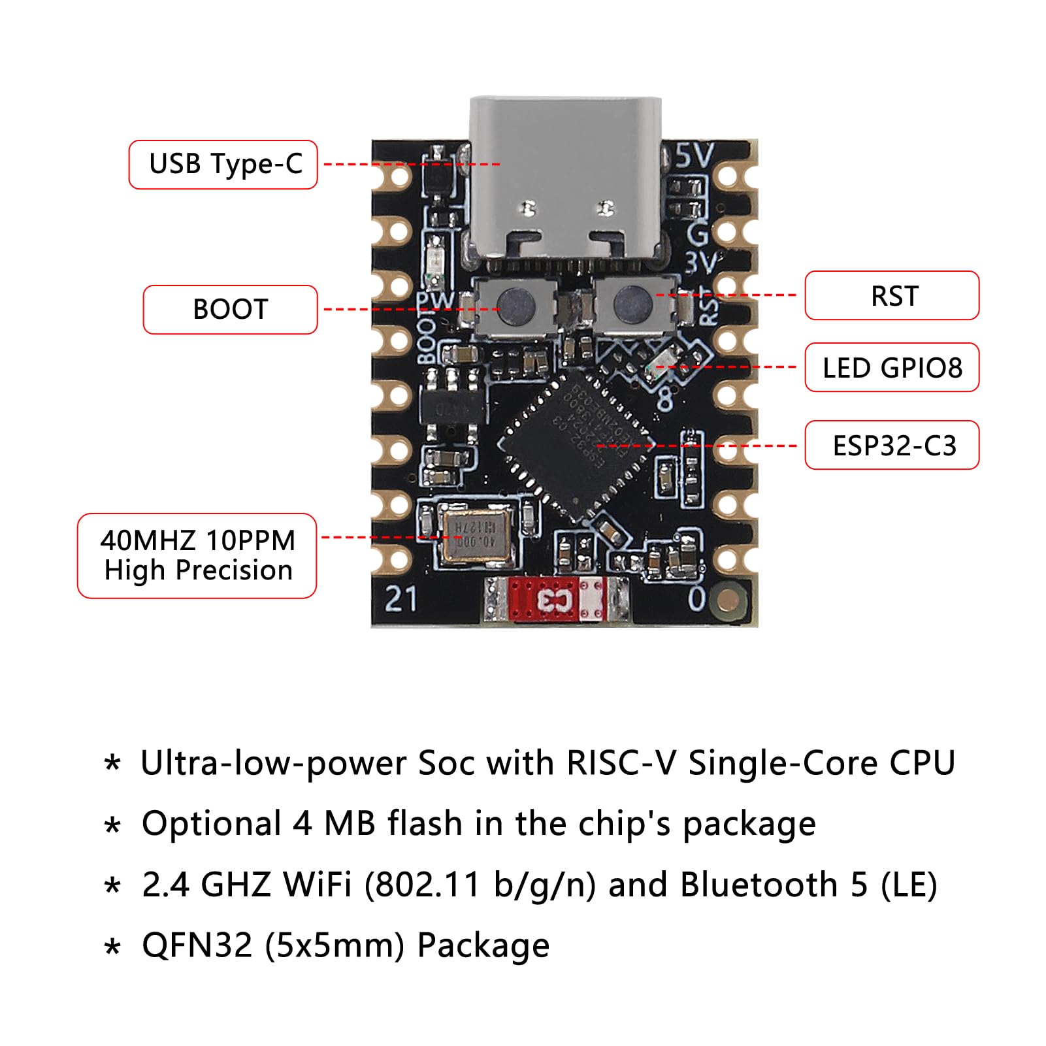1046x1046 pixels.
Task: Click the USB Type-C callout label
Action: (223, 165)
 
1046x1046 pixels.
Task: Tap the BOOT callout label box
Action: (230, 310)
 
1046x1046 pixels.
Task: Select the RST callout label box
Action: (892, 296)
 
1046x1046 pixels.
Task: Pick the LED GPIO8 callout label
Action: (892, 368)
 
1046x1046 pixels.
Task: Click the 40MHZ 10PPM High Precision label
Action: (197, 556)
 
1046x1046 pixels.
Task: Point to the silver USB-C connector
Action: (566, 183)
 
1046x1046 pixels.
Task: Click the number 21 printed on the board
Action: (400, 598)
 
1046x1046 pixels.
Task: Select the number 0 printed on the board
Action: (697, 598)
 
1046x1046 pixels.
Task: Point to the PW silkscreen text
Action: (435, 301)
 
